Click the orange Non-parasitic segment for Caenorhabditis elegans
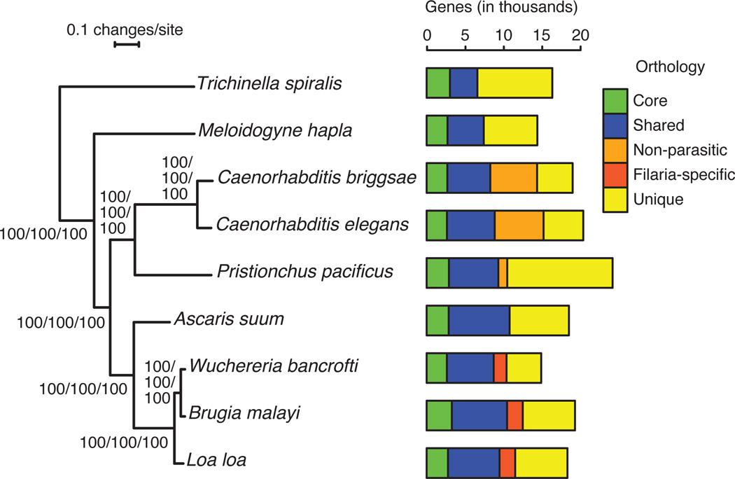[x=519, y=225]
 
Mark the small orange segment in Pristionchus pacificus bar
[x=503, y=272]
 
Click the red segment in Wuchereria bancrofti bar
[x=500, y=367]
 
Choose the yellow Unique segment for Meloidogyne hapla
[x=510, y=130]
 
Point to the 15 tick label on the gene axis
[x=543, y=34]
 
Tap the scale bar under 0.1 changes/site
[x=127, y=46]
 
